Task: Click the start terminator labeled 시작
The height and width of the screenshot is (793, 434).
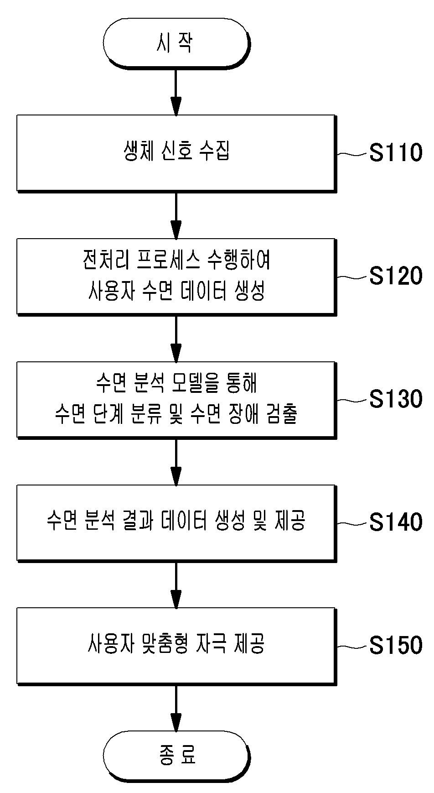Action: [176, 44]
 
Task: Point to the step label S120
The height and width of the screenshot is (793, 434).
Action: [396, 276]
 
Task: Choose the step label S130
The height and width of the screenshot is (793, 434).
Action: [396, 399]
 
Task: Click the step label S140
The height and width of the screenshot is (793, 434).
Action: [396, 522]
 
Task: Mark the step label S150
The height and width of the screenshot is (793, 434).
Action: [396, 645]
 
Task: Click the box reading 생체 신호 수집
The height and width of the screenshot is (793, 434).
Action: [176, 153]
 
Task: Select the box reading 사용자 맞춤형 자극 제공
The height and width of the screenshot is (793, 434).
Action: [176, 646]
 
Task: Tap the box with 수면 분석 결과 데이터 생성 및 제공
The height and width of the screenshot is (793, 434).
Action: [176, 522]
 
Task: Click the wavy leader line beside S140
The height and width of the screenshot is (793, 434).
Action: [353, 523]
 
